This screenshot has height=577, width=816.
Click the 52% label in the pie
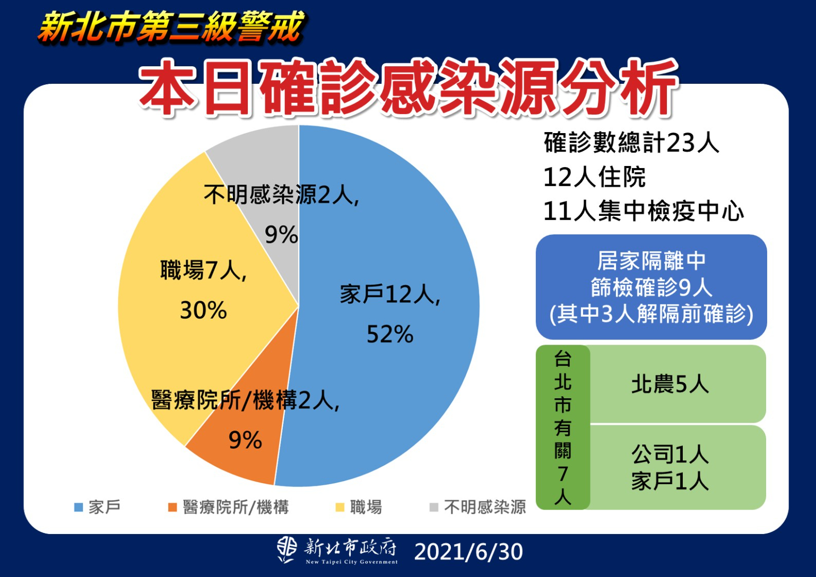pyautogui.click(x=390, y=335)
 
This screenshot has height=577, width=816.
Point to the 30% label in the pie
pyautogui.click(x=203, y=310)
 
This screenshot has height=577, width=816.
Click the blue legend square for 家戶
pyautogui.click(x=79, y=508)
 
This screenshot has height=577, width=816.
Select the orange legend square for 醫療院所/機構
pyautogui.click(x=172, y=508)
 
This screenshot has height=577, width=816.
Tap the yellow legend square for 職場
pyautogui.click(x=340, y=508)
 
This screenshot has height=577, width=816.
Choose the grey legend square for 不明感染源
pyautogui.click(x=434, y=508)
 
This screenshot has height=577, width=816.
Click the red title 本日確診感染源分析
pyautogui.click(x=409, y=88)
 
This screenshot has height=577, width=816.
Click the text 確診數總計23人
pyautogui.click(x=631, y=143)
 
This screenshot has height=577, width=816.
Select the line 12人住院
pyautogui.click(x=594, y=177)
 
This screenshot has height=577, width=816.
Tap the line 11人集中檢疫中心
pyautogui.click(x=644, y=211)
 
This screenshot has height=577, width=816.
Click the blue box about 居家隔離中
pyautogui.click(x=651, y=287)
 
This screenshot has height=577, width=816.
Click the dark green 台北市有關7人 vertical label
pyautogui.click(x=563, y=427)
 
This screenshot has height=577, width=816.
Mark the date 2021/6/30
pyautogui.click(x=468, y=552)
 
